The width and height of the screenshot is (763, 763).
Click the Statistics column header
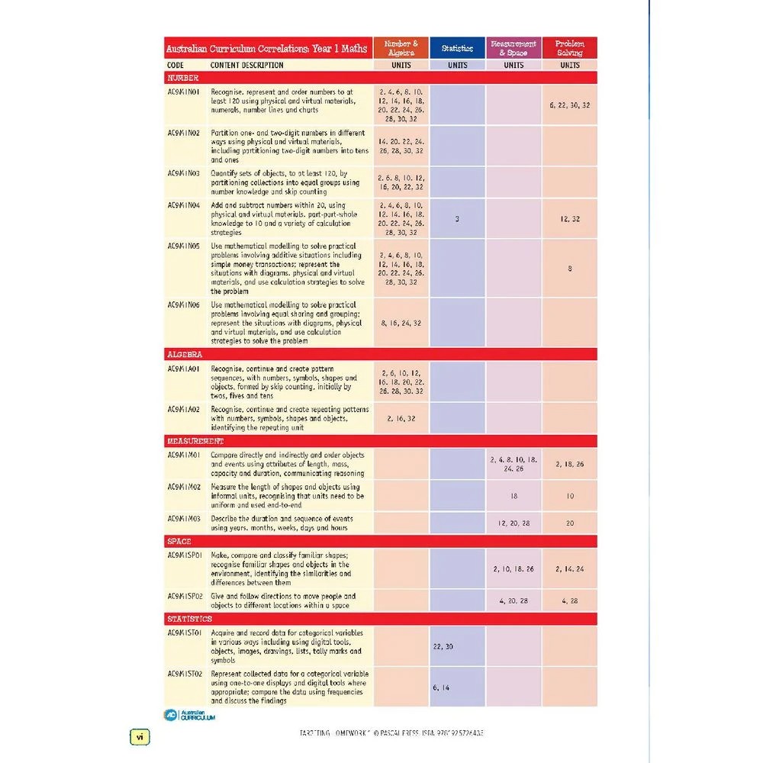click(x=457, y=48)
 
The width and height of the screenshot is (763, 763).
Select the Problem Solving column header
click(x=569, y=48)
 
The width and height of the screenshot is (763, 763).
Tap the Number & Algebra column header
click(x=401, y=48)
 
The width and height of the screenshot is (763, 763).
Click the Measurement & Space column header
click(x=513, y=48)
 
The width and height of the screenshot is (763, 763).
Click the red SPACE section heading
click(x=179, y=542)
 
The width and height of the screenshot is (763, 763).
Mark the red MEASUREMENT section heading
click(x=195, y=441)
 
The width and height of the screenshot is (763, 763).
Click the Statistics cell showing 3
click(x=457, y=219)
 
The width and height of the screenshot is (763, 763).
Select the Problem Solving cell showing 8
click(x=569, y=269)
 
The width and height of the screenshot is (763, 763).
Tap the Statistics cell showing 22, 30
click(x=443, y=646)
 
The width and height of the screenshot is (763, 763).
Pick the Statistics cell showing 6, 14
click(x=441, y=687)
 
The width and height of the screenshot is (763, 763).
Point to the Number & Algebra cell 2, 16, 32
click(x=401, y=419)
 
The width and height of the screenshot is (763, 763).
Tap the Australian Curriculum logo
click(x=190, y=715)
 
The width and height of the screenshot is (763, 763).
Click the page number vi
click(x=140, y=737)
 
